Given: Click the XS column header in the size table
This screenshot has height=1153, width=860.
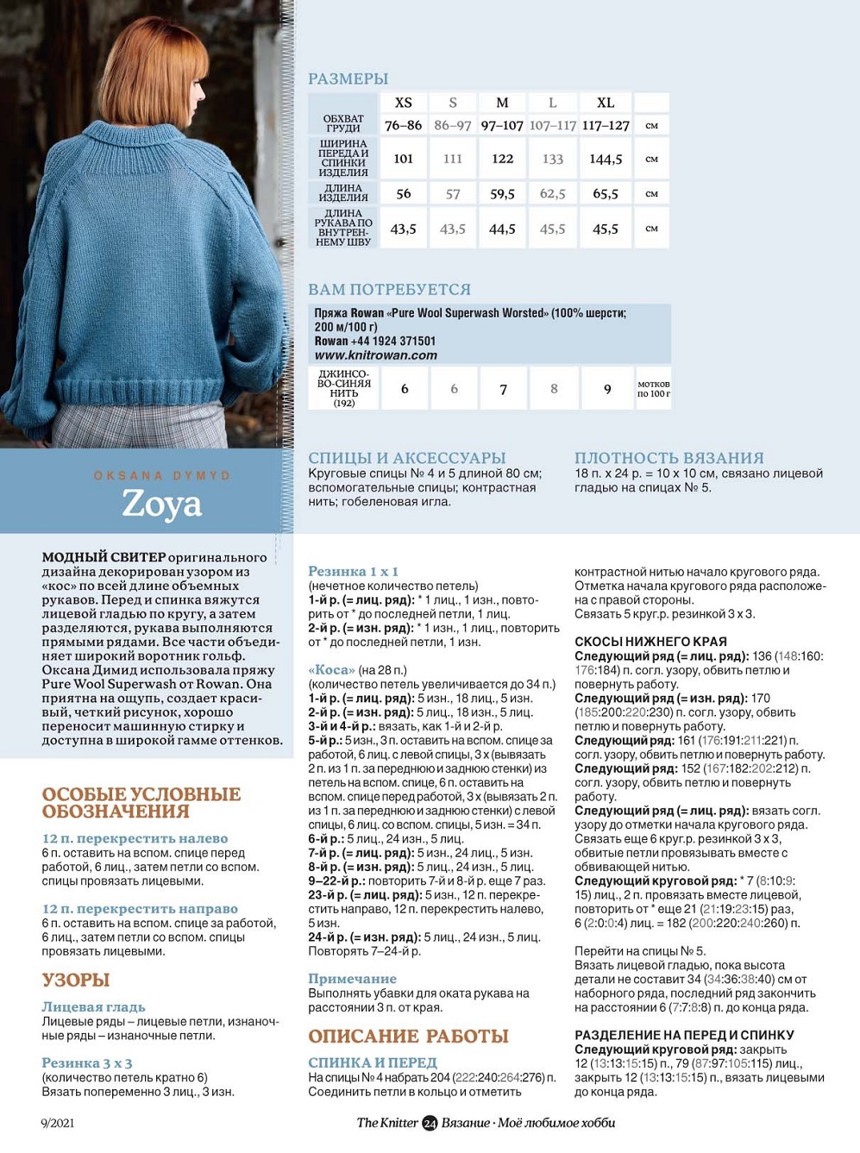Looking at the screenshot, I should (403, 103).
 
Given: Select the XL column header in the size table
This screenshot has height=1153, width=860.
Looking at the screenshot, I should (606, 103).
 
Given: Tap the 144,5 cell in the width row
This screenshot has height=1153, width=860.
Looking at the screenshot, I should (606, 159).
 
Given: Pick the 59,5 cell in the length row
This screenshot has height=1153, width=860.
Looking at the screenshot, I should (502, 194).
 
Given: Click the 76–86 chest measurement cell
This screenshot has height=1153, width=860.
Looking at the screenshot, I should (403, 125).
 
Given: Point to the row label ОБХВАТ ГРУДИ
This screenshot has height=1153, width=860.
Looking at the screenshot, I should (343, 123).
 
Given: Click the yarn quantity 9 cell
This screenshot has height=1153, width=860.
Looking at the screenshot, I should (607, 389).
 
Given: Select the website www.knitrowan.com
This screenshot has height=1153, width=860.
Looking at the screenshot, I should (375, 355).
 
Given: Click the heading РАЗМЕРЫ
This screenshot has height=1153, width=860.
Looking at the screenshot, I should (348, 78).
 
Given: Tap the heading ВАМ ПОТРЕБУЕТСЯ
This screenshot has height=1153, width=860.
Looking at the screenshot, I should (390, 290).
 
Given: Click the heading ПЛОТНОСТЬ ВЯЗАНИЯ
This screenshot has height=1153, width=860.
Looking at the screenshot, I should (669, 458).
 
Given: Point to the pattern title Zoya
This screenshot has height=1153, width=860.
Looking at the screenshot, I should (162, 504).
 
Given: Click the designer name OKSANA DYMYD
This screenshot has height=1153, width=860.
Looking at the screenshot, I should (162, 475).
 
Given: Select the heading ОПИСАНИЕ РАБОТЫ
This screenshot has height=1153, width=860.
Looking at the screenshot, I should (408, 1037).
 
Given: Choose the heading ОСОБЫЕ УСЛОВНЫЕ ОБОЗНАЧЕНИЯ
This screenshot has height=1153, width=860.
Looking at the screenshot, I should (141, 803).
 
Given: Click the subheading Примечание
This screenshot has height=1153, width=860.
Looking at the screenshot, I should (352, 979).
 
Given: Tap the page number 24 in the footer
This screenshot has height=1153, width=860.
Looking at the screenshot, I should (430, 1123).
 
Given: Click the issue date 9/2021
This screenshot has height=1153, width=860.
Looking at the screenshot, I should (57, 1123).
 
